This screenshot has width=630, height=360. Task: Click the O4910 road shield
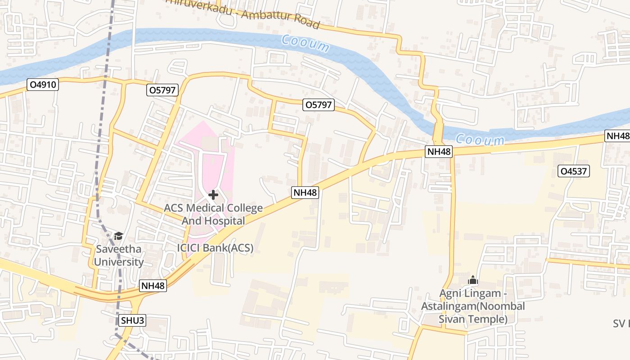click(x=43, y=85)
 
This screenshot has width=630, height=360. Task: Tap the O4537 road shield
click(x=573, y=171)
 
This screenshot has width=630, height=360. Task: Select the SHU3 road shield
click(x=133, y=321)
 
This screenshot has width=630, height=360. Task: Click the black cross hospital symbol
click(x=213, y=195)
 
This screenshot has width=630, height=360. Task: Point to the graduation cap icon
click(x=118, y=236)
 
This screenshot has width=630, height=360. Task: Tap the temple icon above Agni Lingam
click(x=472, y=280)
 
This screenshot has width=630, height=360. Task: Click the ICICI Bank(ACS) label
click(x=215, y=248)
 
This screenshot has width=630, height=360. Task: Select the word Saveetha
click(x=118, y=249)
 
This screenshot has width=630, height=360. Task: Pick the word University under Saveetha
click(x=119, y=262)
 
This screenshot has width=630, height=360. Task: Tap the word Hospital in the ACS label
click(x=225, y=221)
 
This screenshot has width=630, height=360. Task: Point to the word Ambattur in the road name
click(x=261, y=17)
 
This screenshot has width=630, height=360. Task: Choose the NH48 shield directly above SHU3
click(x=153, y=286)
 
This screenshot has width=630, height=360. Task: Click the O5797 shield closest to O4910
click(x=163, y=90)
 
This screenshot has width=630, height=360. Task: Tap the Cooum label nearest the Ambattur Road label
click(x=306, y=43)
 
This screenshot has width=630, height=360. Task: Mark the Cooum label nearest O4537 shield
click(x=479, y=140)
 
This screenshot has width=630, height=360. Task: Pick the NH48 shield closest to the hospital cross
click(x=306, y=193)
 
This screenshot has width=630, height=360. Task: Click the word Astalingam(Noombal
click(x=473, y=306)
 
